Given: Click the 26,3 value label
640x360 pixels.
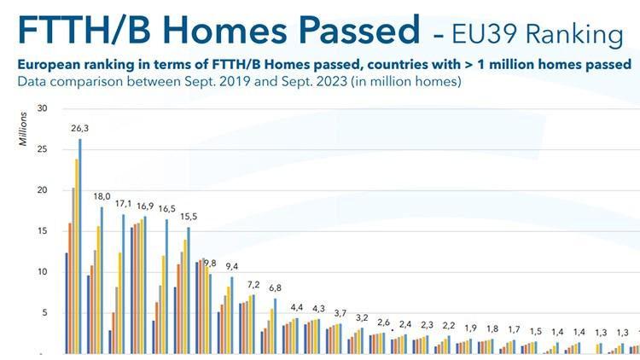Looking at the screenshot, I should (x=78, y=129).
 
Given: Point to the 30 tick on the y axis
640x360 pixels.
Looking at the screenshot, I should (x=42, y=108).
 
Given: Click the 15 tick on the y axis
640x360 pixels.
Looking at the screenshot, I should (x=42, y=231).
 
